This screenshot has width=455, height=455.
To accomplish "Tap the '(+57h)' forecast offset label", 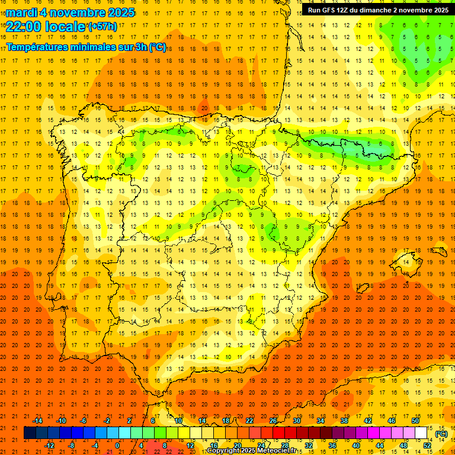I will pos(102,26).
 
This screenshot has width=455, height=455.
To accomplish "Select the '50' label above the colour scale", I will pos(415,421).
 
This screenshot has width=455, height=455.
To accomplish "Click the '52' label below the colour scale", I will pos(427,445).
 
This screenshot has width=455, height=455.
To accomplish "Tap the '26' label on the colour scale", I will pos(273,421).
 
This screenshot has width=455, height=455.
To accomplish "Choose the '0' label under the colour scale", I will pos(117,445).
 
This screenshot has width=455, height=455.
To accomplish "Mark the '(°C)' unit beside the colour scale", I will pos(441,434).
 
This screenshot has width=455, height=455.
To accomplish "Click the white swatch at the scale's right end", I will pos(421,433).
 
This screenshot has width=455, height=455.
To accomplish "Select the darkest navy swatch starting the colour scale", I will pos(30,433).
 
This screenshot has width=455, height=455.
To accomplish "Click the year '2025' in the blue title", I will pos(114,12).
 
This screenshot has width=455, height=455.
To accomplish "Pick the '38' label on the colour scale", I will pos(344,421).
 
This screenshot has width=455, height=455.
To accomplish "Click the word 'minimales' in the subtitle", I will pos(96,47).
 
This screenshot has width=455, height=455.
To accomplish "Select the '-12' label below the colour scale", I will pos(49,445).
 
